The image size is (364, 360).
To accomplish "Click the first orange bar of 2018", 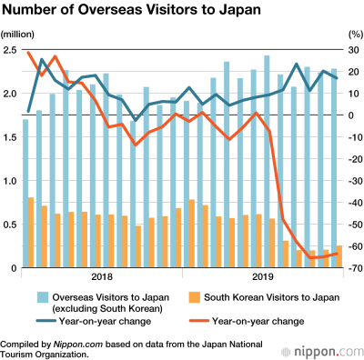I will click(32, 233).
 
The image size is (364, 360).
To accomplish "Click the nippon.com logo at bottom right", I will click(319, 351).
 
